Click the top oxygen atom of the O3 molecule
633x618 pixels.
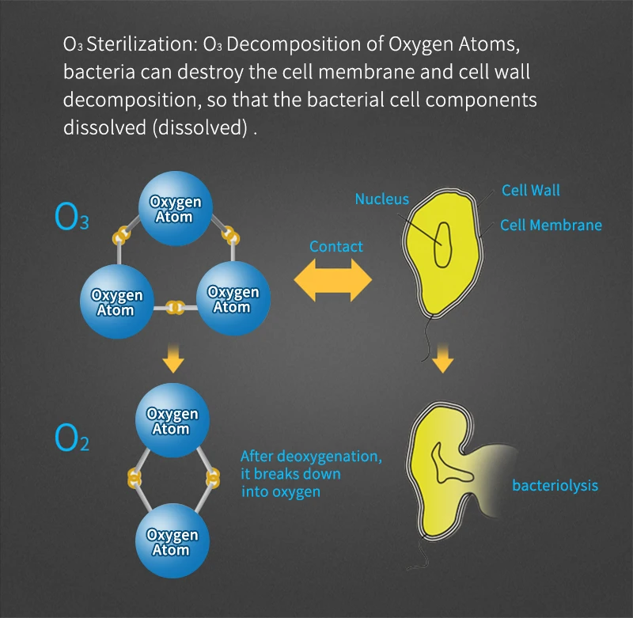pyautogui.click(x=175, y=208)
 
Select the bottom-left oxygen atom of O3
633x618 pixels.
pyautogui.click(x=116, y=301)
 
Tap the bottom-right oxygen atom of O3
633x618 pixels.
pyautogui.click(x=233, y=298)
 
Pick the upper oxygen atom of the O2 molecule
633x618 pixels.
pyautogui.click(x=173, y=420)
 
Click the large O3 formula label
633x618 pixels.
pyautogui.click(x=72, y=216)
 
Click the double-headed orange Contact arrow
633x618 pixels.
pyautogui.click(x=333, y=281)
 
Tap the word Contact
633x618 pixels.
pyautogui.click(x=336, y=246)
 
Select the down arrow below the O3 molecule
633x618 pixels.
pyautogui.click(x=173, y=361)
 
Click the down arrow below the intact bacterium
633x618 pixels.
pyautogui.click(x=444, y=361)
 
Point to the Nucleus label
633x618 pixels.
pyautogui.click(x=382, y=199)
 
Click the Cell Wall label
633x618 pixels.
pyautogui.click(x=531, y=190)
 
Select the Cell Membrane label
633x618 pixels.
pyautogui.click(x=551, y=225)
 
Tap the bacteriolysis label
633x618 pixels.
pyautogui.click(x=555, y=485)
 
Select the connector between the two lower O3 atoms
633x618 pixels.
pyautogui.click(x=175, y=306)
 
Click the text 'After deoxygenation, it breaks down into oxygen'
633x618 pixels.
pyautogui.click(x=312, y=473)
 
